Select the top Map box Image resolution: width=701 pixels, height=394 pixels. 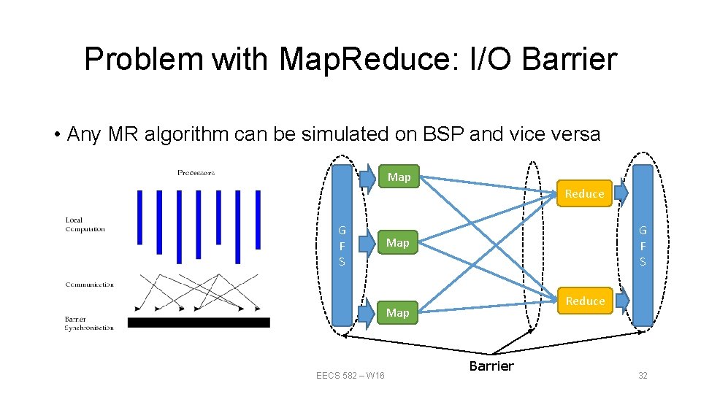pos(399,177)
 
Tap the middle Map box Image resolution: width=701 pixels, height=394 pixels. pos(398,242)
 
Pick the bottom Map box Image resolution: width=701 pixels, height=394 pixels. pos(398,312)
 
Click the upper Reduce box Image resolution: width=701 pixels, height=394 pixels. pos(584,193)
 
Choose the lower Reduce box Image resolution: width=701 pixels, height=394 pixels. pos(585,301)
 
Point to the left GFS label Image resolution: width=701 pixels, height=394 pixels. pos(342,245)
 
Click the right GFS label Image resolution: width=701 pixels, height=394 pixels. pos(643,245)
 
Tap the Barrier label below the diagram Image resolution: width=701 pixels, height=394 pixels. pos(491,366)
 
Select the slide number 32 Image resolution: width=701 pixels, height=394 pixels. pos(643,376)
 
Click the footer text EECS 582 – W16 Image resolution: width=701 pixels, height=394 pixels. pos(350,376)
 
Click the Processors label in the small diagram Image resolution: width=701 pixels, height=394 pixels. pos(196,173)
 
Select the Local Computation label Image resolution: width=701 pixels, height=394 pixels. pos(85,224)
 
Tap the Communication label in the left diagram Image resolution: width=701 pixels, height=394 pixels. pos(89,285)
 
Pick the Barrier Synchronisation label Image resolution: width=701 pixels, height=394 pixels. pos(89,323)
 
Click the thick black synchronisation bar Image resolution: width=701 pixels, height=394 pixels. pos(199,322)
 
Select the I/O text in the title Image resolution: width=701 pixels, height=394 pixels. pos(485,59)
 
